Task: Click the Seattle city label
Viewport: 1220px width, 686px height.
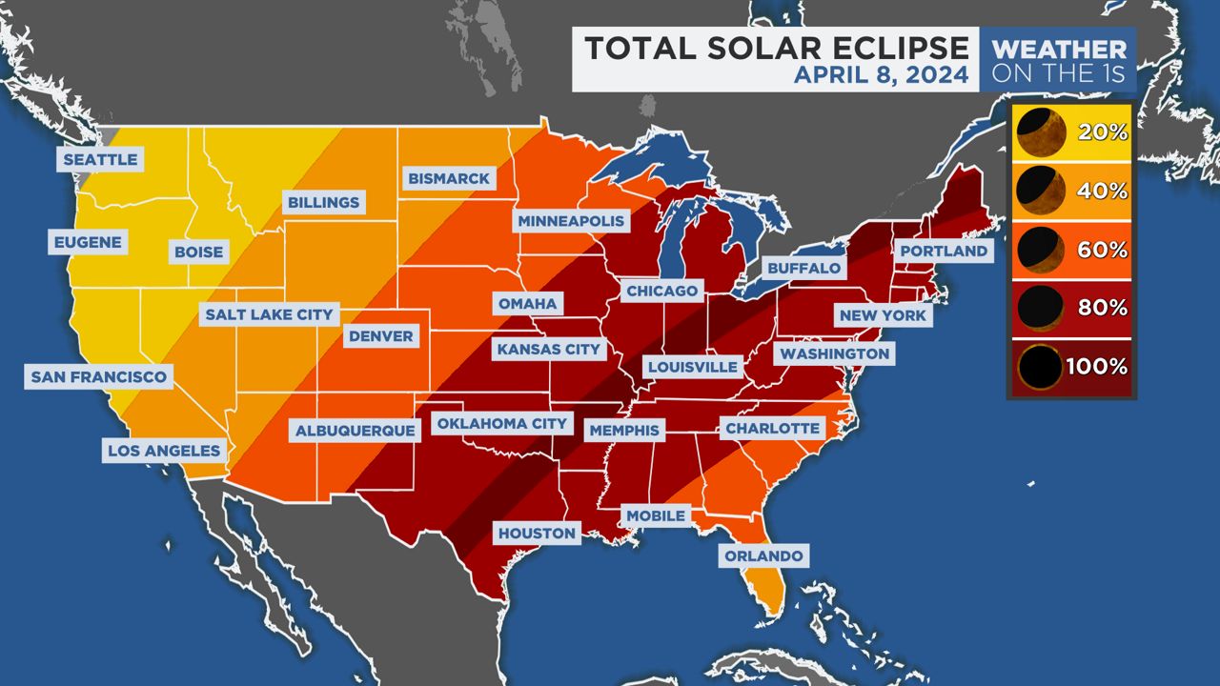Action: pyautogui.click(x=100, y=159)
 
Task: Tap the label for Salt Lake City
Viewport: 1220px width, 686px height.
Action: pyautogui.click(x=270, y=314)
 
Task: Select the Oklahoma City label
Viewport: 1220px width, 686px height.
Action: pyautogui.click(x=502, y=423)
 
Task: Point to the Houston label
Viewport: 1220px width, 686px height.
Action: pyautogui.click(x=537, y=534)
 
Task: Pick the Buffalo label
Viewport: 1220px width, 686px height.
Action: pyautogui.click(x=803, y=268)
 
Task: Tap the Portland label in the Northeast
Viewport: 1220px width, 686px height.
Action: pyautogui.click(x=944, y=251)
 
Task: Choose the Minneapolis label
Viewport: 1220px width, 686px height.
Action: pyautogui.click(x=572, y=221)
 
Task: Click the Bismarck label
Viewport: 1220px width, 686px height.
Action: pyautogui.click(x=448, y=178)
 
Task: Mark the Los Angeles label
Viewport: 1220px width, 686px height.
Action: pyautogui.click(x=164, y=451)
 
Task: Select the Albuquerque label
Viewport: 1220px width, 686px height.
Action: pyautogui.click(x=356, y=431)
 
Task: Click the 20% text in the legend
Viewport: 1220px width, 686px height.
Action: pyautogui.click(x=1104, y=132)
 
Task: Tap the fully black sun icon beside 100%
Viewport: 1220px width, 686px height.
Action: pyautogui.click(x=1039, y=367)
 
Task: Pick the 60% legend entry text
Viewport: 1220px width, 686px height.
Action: pyautogui.click(x=1104, y=250)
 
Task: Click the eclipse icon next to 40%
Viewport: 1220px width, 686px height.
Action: pyautogui.click(x=1039, y=191)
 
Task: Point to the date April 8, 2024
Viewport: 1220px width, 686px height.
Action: pyautogui.click(x=881, y=74)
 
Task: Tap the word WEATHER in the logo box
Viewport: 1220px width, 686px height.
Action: pyautogui.click(x=1058, y=49)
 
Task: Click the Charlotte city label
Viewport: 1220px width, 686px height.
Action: pyautogui.click(x=772, y=429)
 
